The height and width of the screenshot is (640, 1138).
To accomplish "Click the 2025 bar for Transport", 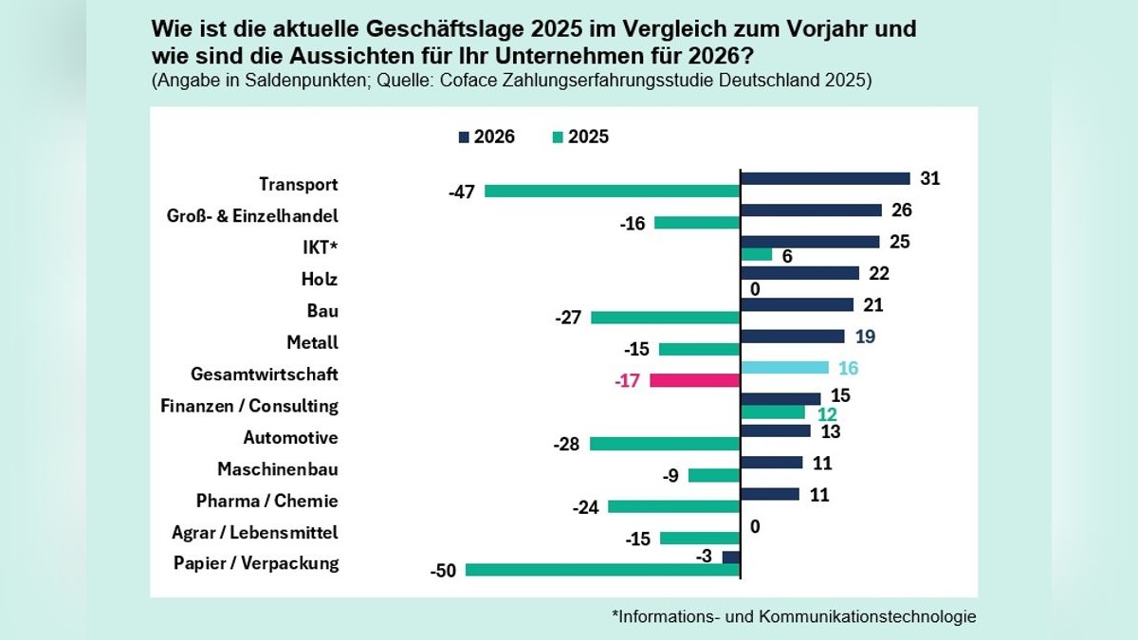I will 612,191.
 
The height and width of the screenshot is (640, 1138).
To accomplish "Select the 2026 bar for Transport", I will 825,178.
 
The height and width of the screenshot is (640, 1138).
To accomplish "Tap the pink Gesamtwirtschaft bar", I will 694,380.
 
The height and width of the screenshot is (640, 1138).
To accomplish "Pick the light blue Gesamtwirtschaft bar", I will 784,368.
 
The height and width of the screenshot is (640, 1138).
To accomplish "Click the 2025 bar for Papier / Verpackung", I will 602,570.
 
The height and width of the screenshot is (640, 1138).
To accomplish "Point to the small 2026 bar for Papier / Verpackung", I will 731,558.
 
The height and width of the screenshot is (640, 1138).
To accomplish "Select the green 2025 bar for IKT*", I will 757,254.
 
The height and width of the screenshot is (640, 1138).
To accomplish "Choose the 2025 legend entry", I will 579,137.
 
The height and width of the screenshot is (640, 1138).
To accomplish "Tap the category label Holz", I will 320,279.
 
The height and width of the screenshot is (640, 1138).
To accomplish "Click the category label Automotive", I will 290,438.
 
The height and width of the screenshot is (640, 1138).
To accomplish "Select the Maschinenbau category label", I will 278,469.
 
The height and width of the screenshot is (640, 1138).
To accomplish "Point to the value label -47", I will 461,192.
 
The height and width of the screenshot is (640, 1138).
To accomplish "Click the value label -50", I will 443,571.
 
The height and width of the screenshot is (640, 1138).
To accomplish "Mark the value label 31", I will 929,178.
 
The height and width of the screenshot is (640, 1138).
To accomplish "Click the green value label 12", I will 828,413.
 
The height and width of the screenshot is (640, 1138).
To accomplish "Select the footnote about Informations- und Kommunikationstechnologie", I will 793,616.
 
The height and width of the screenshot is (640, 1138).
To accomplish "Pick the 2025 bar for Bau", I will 665,318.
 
